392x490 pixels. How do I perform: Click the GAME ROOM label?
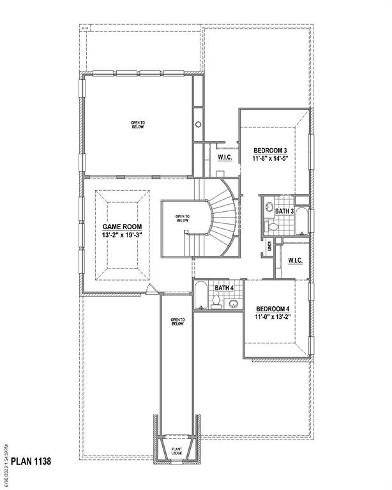click(122, 226)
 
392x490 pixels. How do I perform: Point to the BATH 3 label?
click(284, 211)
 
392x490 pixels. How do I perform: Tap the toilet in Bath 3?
click(273, 226)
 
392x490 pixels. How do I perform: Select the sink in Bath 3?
click(269, 208)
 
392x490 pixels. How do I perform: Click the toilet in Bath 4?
click(216, 304)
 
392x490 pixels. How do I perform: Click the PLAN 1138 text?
click(30, 461)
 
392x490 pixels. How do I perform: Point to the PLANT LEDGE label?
click(177, 452)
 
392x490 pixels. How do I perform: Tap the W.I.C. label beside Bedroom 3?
click(224, 157)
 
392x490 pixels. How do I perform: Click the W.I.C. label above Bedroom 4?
click(295, 260)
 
